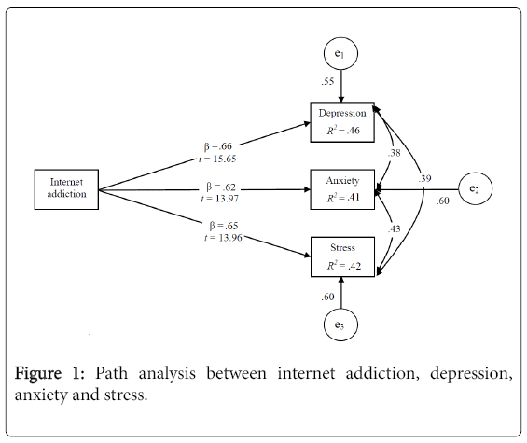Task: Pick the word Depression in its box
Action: tap(342, 113)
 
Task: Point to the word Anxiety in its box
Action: tap(342, 181)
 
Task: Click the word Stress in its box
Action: tap(342, 248)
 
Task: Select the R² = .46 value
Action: tap(343, 130)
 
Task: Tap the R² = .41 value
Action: tap(343, 198)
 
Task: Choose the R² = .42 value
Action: tap(344, 266)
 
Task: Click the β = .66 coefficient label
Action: tap(217, 146)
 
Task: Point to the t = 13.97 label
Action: tap(219, 199)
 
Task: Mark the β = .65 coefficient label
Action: tap(224, 226)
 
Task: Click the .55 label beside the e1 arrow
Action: tap(327, 81)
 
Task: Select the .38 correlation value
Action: tap(395, 153)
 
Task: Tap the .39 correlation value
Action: tap(424, 178)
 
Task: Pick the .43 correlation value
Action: tap(395, 228)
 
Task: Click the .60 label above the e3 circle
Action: tap(327, 297)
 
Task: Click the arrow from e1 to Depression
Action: tap(341, 86)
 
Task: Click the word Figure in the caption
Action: tap(38, 373)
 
